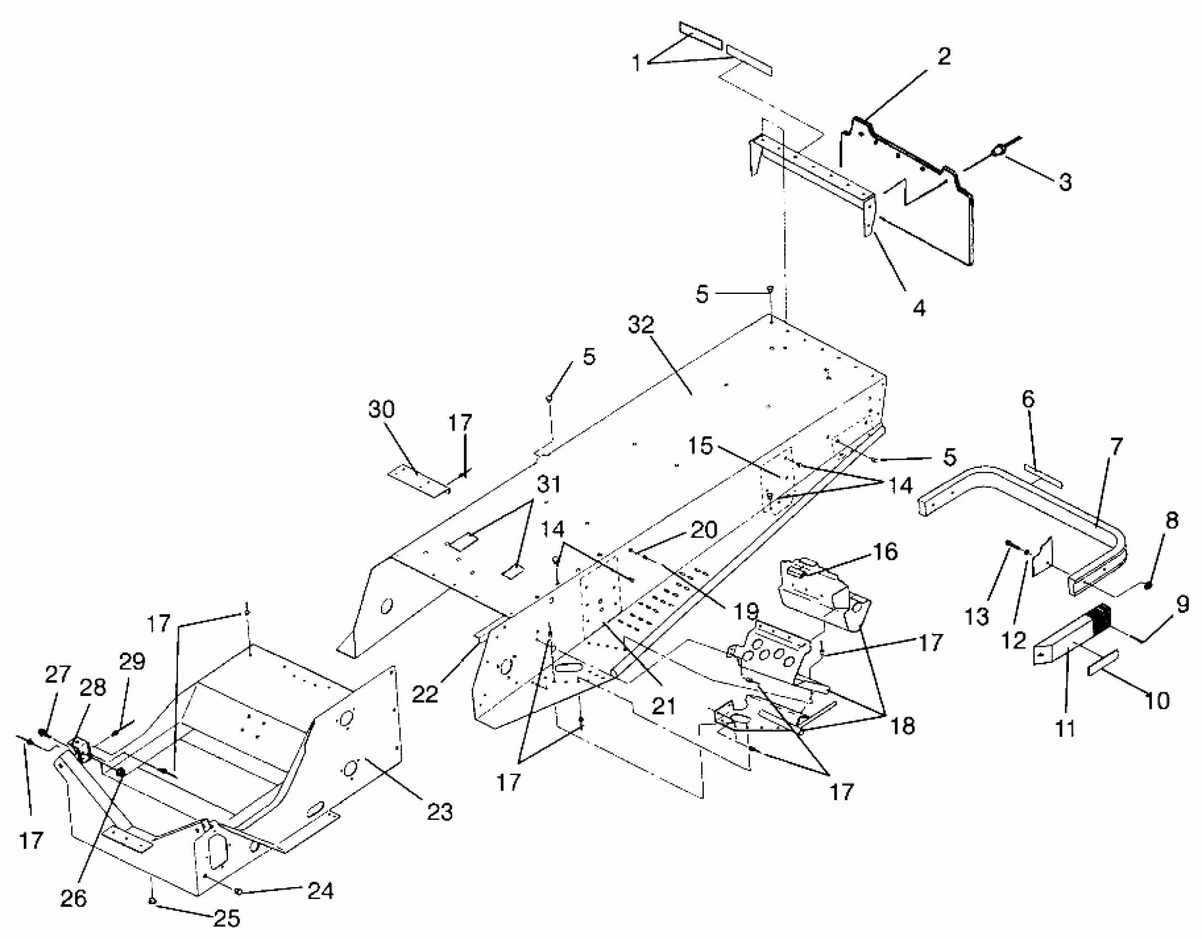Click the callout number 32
tap(640, 325)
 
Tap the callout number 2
tap(944, 57)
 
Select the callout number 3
tap(1065, 182)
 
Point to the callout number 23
tap(440, 812)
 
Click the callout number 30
tap(382, 410)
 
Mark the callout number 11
tap(1066, 729)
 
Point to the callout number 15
tap(701, 446)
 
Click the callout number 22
tap(425, 694)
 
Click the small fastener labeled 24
tap(239, 890)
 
